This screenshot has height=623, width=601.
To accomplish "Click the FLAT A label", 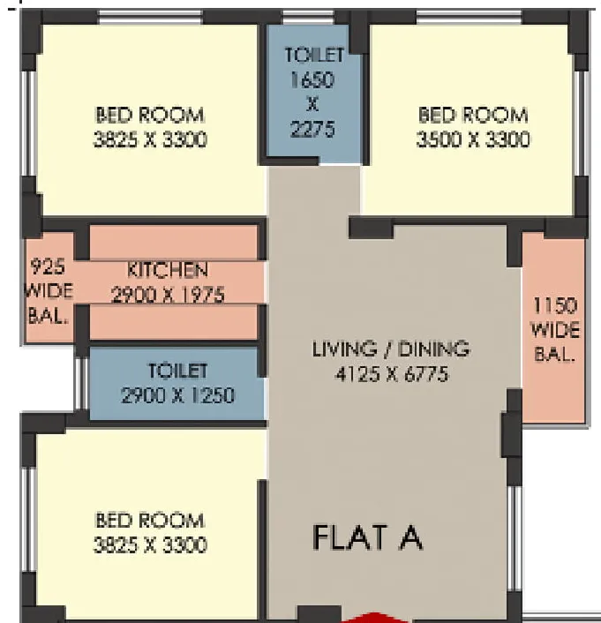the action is [x=368, y=537].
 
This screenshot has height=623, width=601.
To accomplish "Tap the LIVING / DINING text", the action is [x=391, y=349].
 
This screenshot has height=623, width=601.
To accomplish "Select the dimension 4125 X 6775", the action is [x=392, y=374].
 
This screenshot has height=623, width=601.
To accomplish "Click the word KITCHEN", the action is [x=168, y=270].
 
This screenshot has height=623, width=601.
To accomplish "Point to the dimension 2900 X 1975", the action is [x=169, y=295].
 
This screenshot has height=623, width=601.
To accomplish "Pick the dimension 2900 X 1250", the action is [x=177, y=395].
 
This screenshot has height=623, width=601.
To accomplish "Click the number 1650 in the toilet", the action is [x=312, y=80].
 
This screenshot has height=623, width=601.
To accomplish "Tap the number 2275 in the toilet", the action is [x=312, y=129].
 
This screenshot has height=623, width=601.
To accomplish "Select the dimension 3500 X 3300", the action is [x=473, y=139].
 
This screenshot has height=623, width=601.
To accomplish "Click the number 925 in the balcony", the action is [x=48, y=266].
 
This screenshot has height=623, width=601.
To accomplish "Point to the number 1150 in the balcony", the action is [x=554, y=305].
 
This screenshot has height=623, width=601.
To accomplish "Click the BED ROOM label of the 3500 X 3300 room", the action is [x=473, y=115].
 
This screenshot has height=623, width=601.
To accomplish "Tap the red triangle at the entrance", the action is [x=372, y=619].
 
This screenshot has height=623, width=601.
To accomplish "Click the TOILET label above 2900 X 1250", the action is [x=177, y=371].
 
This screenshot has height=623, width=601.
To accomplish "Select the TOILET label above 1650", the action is [x=314, y=55].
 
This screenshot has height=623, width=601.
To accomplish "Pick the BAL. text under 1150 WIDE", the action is [x=554, y=355].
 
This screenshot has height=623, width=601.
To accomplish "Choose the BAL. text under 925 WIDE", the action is [x=48, y=316].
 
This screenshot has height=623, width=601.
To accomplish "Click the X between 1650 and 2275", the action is [x=312, y=104].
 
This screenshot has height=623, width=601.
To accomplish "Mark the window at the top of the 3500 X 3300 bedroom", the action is [x=469, y=17].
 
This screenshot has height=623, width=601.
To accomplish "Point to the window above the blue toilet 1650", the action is [x=308, y=17].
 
